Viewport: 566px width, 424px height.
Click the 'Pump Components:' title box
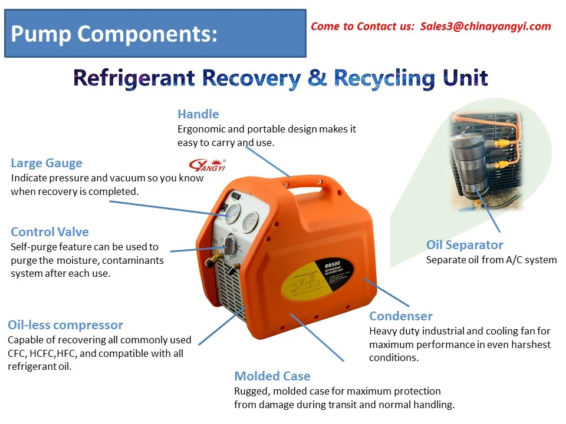(155, 34)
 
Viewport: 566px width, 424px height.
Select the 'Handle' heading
(198, 114)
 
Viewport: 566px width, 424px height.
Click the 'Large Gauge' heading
(47, 163)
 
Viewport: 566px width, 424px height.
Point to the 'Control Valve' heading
(50, 232)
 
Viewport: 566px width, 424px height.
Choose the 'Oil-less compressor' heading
(65, 324)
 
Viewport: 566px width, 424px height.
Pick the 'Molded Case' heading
(272, 376)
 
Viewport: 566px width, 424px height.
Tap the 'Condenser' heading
(401, 316)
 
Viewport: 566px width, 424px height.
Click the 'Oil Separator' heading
(465, 245)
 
